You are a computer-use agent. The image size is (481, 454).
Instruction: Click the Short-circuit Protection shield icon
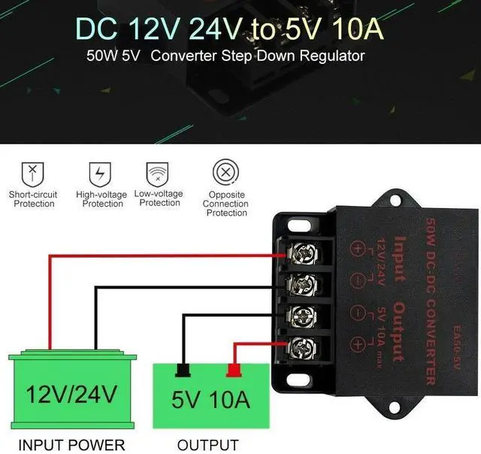click(x=32, y=172)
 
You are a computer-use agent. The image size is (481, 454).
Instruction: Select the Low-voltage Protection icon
click(x=157, y=172)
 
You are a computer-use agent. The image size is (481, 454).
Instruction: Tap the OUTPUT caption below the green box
click(x=208, y=445)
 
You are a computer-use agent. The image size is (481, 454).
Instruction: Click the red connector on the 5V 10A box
click(x=234, y=369)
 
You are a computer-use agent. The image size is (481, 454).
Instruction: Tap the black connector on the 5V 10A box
click(x=181, y=369)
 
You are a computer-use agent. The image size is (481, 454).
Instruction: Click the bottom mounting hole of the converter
click(x=393, y=408)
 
